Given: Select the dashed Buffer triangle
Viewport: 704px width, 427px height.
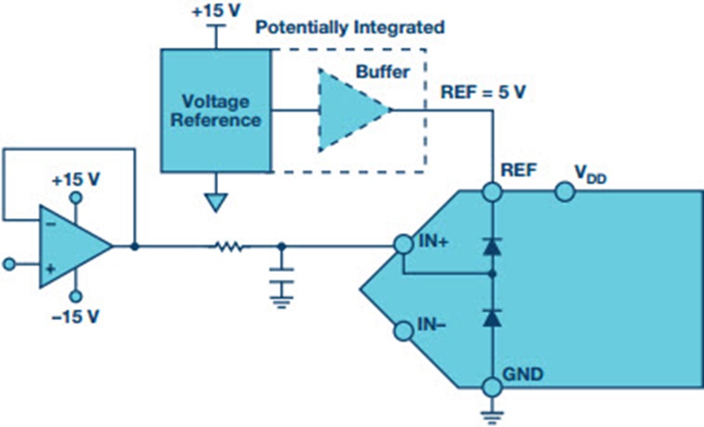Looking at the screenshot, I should pyautogui.click(x=348, y=109).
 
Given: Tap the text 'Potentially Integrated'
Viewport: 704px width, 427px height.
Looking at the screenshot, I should pyautogui.click(x=350, y=28).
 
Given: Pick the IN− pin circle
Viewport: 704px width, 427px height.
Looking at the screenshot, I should pyautogui.click(x=403, y=332).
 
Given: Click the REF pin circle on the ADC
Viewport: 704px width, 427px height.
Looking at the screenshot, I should pyautogui.click(x=492, y=191).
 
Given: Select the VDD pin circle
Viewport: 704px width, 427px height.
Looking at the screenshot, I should pyautogui.click(x=562, y=191).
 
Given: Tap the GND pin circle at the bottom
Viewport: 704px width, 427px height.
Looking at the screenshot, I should pyautogui.click(x=492, y=387).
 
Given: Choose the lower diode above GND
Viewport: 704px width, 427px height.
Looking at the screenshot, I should pyautogui.click(x=492, y=317).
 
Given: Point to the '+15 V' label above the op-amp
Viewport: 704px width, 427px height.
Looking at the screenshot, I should pyautogui.click(x=76, y=178).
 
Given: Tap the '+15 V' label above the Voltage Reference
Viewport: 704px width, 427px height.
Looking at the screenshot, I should pyautogui.click(x=215, y=13).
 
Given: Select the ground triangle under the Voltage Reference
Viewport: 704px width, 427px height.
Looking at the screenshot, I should pyautogui.click(x=215, y=203).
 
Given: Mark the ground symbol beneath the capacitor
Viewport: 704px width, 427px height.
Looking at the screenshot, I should pyautogui.click(x=282, y=298).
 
